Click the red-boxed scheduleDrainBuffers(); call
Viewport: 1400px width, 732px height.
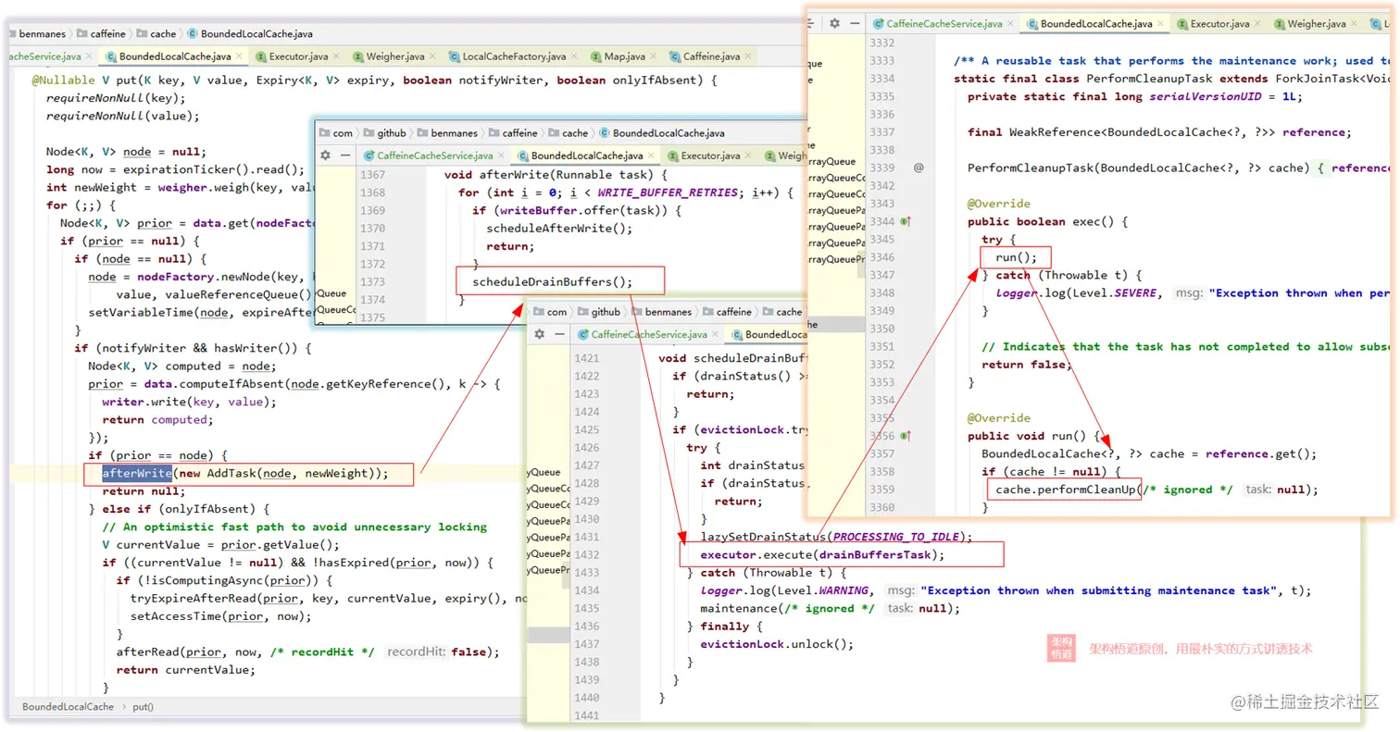(x=552, y=282)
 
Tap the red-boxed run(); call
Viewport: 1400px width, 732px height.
(x=1016, y=257)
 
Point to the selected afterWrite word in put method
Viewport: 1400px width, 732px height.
(x=137, y=473)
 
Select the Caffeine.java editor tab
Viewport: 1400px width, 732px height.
(x=713, y=57)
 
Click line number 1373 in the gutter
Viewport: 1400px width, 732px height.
(x=372, y=281)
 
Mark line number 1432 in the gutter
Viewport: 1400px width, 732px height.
(x=586, y=555)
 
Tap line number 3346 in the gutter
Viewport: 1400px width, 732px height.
(x=881, y=257)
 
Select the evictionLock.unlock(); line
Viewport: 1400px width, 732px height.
(x=776, y=644)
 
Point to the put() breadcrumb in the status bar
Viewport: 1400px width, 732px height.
(x=143, y=707)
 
